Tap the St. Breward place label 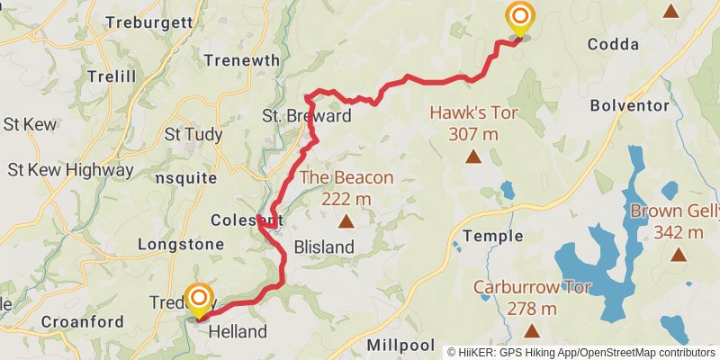[x=306, y=116]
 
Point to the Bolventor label [x=630, y=105]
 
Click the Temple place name [x=492, y=236]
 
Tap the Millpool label [x=401, y=346]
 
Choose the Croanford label [x=83, y=321]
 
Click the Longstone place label [x=181, y=244]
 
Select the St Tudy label [x=193, y=134]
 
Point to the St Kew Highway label [x=70, y=169]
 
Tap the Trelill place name [x=111, y=76]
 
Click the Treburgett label [x=148, y=21]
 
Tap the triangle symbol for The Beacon [x=346, y=220]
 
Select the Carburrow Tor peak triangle [x=531, y=330]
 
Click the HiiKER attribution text [x=581, y=352]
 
